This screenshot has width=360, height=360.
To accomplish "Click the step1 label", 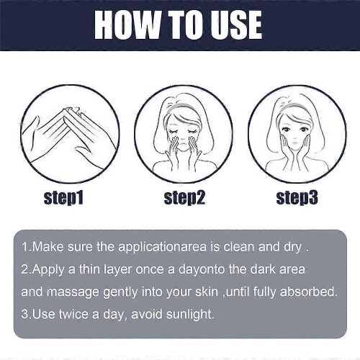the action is pyautogui.click(x=63, y=198).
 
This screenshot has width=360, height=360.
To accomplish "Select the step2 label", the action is pyautogui.click(x=184, y=198).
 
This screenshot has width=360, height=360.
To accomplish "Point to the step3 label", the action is pyautogui.click(x=297, y=198).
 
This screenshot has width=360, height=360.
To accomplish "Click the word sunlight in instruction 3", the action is pyautogui.click(x=189, y=315).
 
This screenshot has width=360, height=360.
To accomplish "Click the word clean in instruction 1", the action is pyautogui.click(x=239, y=247).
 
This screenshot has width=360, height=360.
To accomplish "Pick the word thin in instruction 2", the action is pyautogui.click(x=89, y=269).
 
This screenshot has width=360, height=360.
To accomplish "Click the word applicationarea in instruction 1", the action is pyautogui.click(x=162, y=248).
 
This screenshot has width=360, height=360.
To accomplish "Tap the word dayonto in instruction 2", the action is pyautogui.click(x=201, y=270).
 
